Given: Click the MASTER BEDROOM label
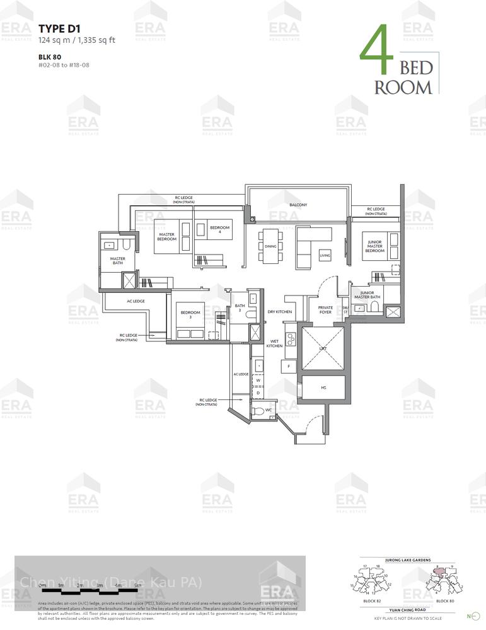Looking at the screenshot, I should pyautogui.click(x=166, y=237).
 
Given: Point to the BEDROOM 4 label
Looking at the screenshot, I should pyautogui.click(x=219, y=229).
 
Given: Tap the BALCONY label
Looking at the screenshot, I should pyautogui.click(x=298, y=205).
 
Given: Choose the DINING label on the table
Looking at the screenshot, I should pyautogui.click(x=270, y=246).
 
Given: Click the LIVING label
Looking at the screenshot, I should pyautogui.click(x=325, y=255).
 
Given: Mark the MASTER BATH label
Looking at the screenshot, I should pyautogui.click(x=118, y=260).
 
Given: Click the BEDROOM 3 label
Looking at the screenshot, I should pyautogui.click(x=190, y=315).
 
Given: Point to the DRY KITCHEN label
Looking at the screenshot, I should pyautogui.click(x=279, y=312).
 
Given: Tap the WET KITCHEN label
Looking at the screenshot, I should pyautogui.click(x=274, y=343).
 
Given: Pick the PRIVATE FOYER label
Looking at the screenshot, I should pyautogui.click(x=325, y=309).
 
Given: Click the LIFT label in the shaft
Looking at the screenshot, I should pyautogui.click(x=323, y=348).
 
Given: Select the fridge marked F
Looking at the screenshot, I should pyautogui.click(x=289, y=366).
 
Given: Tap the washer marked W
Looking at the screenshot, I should pyautogui.click(x=258, y=381).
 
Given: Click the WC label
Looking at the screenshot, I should pyautogui.click(x=269, y=409).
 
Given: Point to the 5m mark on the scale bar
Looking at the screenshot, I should pyautogui.click(x=137, y=585).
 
